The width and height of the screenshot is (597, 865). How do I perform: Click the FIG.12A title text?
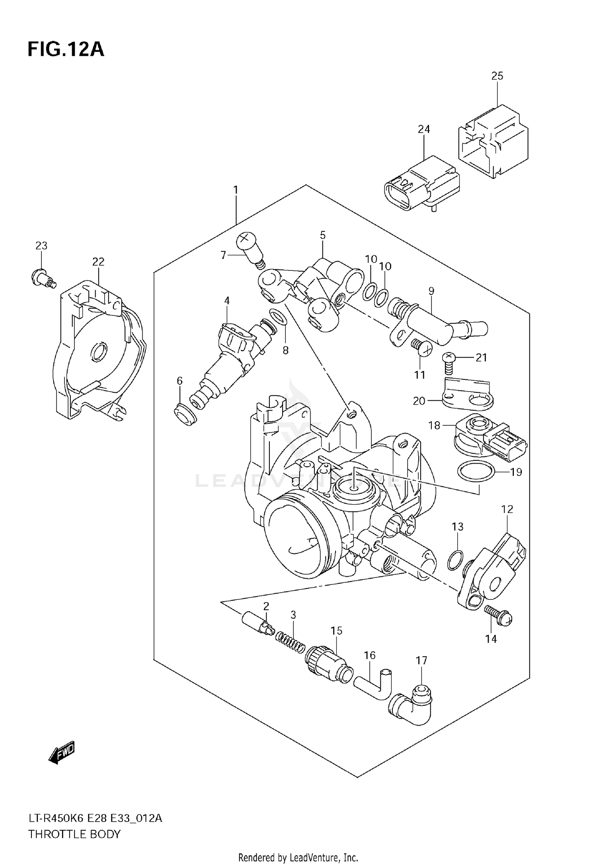tap(66, 50)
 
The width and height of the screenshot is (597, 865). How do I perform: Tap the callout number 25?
tap(497, 76)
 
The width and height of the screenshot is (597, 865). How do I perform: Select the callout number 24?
tap(424, 129)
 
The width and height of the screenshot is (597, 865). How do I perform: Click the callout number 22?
tap(98, 262)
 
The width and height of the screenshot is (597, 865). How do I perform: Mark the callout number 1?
tap(236, 190)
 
